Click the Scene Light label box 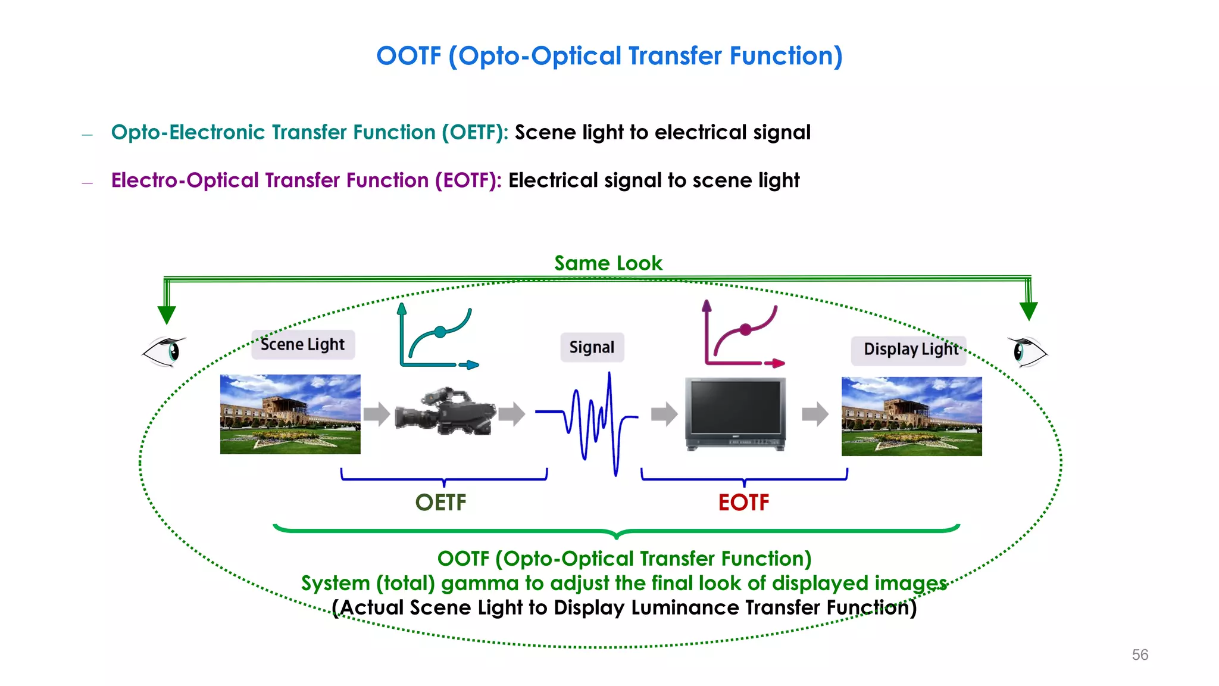point(303,345)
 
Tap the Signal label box point(592,347)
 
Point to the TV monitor point(735,414)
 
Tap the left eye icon point(164,351)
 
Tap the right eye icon point(1027,351)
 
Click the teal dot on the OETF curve point(440,332)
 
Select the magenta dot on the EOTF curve point(745,329)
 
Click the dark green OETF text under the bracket point(440,503)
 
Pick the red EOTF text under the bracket point(743,503)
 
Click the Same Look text point(608,263)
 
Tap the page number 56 point(1140,655)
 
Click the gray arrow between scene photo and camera point(376,413)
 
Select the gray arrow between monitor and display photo point(815,414)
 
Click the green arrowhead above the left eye point(167,314)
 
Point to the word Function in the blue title point(786,56)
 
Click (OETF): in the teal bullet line point(474,132)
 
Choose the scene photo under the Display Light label point(911,416)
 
